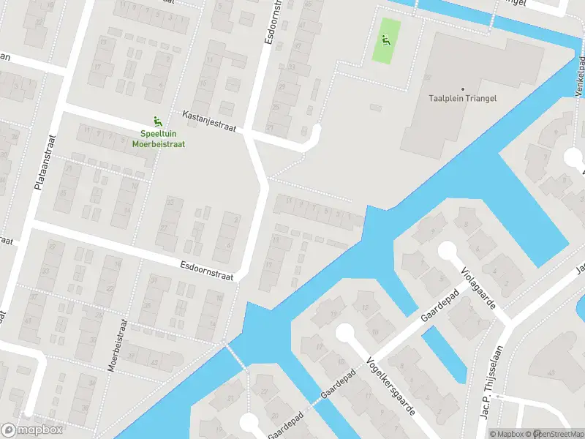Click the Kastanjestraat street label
click(x=209, y=121)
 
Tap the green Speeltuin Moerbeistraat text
click(x=159, y=138)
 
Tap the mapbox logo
click(x=31, y=430)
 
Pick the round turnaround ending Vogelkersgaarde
click(x=344, y=334)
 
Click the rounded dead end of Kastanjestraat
click(x=315, y=132)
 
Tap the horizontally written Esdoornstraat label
click(x=206, y=269)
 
